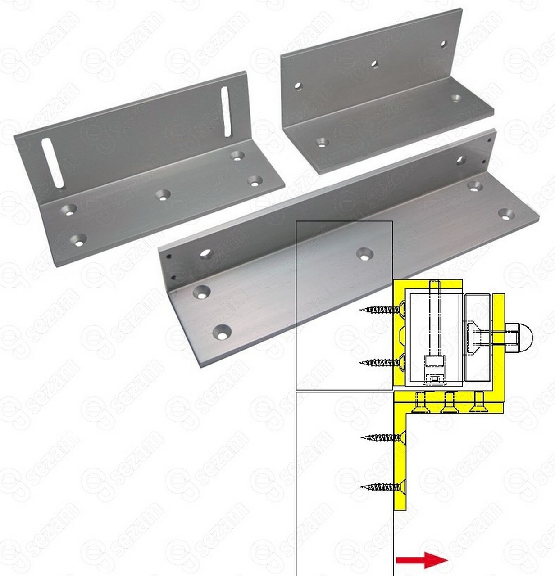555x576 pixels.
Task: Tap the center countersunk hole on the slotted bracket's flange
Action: point(163,195)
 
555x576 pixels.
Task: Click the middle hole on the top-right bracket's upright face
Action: point(374,64)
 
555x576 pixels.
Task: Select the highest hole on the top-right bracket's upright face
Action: point(443,45)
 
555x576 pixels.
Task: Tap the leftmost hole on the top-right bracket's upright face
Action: point(298,86)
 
